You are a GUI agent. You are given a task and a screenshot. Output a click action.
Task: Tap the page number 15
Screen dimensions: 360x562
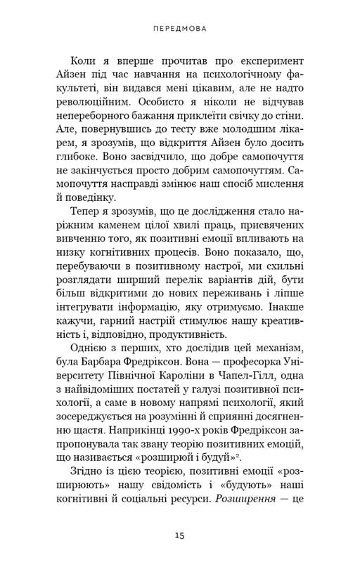click(180, 536)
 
